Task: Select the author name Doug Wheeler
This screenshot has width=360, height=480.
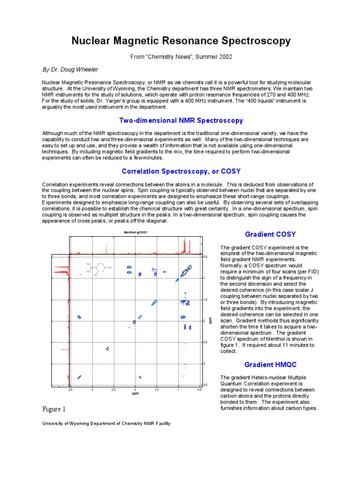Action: [81, 69]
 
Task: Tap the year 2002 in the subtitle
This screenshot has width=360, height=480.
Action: [223, 57]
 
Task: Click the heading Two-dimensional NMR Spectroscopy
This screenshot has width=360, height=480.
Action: [181, 120]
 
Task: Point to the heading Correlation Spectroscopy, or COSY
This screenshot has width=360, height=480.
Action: [181, 171]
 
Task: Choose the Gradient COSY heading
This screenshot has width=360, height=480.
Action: [270, 234]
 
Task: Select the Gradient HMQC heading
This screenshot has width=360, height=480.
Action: [270, 365]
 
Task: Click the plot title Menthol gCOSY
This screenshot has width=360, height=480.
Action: [135, 232]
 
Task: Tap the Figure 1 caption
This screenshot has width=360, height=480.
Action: [55, 409]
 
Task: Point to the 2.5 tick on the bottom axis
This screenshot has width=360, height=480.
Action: [114, 390]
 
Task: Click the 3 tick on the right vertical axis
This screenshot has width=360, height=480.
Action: [204, 364]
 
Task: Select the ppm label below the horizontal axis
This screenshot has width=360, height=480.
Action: [135, 394]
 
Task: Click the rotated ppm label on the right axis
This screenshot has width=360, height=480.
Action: [211, 321]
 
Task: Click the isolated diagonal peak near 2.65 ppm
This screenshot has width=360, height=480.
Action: [108, 349]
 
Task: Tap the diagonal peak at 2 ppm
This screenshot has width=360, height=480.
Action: [135, 322]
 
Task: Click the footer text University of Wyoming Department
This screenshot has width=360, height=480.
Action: [106, 423]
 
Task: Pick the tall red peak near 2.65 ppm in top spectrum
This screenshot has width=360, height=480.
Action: [108, 248]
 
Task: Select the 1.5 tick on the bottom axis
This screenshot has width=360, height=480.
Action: [157, 390]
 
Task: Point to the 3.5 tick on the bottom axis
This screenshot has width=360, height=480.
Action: [71, 390]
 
